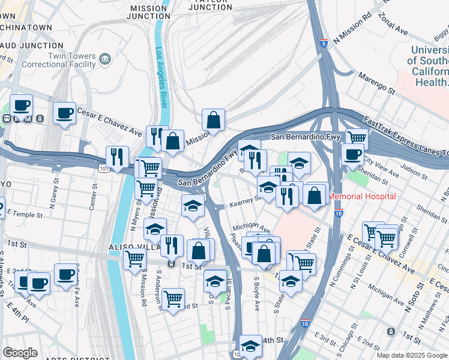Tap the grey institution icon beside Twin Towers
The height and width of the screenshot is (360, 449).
tap(106, 58)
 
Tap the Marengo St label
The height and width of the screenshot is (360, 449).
tap(376, 83)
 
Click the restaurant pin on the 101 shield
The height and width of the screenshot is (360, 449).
tap(116, 157)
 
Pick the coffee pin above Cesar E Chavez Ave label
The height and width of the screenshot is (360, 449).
tap(64, 113)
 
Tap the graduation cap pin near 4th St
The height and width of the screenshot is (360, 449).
tap(250, 346)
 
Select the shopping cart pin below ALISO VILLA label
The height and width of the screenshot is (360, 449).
tap(134, 259)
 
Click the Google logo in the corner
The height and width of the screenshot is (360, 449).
tap(20, 353)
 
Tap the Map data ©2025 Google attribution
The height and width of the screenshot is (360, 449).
tap(412, 355)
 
